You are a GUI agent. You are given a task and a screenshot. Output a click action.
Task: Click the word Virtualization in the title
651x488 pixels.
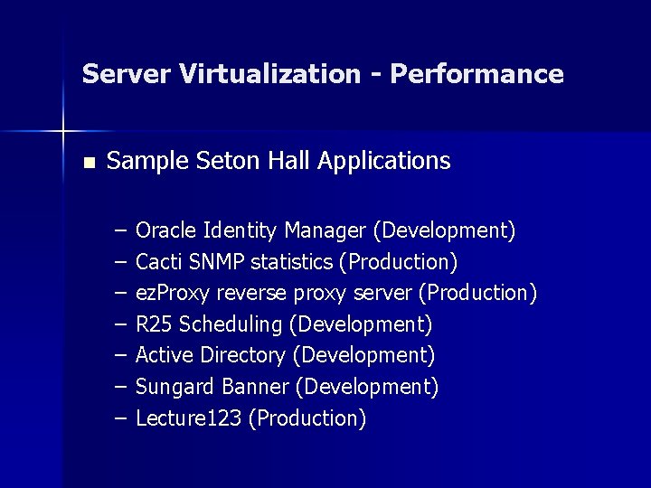pos(270,74)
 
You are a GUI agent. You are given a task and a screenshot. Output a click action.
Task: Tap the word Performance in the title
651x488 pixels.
pos(476,74)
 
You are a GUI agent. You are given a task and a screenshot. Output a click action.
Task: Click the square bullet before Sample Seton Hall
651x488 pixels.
pos(88,164)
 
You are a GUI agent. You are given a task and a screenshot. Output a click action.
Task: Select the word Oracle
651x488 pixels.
pos(167,230)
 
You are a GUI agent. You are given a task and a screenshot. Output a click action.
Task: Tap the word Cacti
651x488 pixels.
pos(157,262)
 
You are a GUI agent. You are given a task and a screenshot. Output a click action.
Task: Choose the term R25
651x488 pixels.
pos(154,324)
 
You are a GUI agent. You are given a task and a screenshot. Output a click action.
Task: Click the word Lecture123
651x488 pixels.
pos(188,418)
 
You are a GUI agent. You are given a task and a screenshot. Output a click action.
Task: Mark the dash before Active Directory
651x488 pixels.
pos(121,355)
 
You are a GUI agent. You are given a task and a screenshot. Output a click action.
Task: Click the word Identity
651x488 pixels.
pos(241,230)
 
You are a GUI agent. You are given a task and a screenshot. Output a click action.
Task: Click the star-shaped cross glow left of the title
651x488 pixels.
pos(63,132)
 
